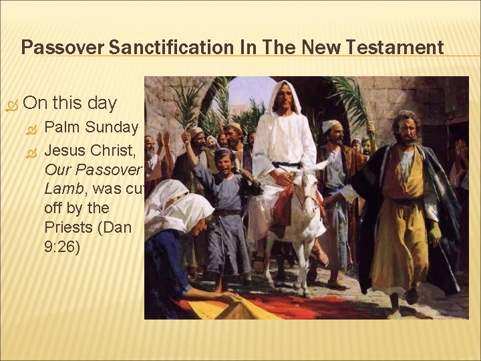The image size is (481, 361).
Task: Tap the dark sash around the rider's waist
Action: (287, 164)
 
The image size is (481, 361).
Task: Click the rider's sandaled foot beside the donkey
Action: (320, 257)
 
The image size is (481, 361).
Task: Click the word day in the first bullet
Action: (100, 104)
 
